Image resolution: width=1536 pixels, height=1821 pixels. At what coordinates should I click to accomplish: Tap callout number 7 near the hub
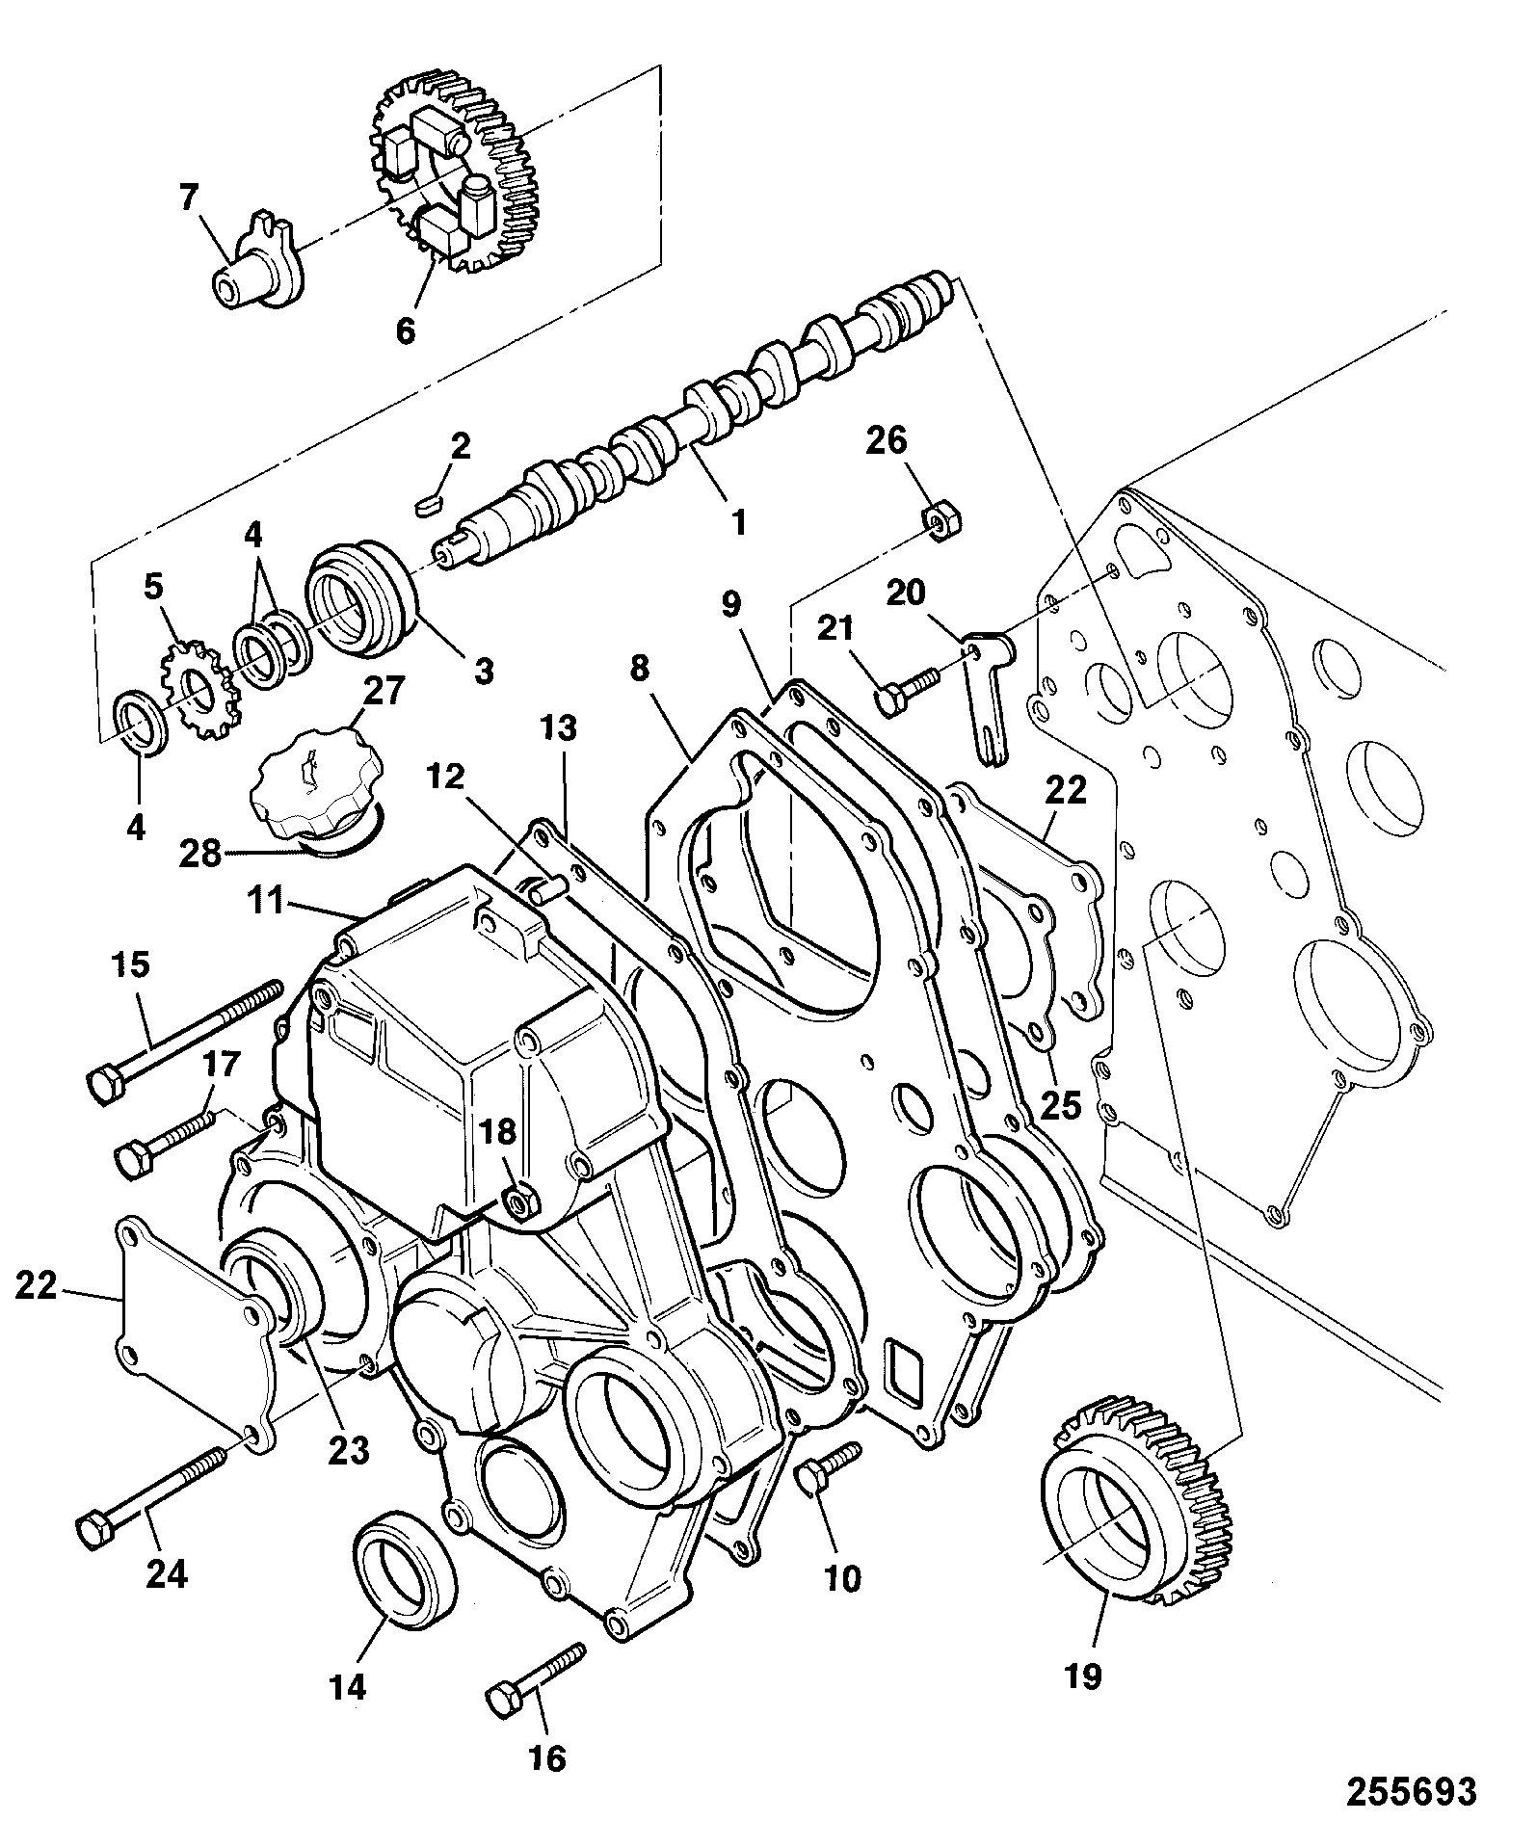pos(188,198)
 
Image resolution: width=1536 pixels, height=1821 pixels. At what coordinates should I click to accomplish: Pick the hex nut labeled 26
pos(942,519)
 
